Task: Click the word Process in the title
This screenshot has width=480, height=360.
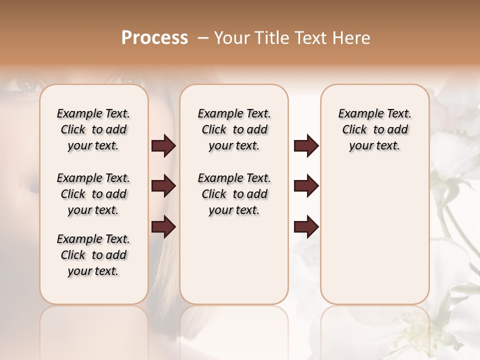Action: pyautogui.click(x=154, y=38)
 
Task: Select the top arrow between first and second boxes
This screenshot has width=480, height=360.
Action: pyautogui.click(x=163, y=146)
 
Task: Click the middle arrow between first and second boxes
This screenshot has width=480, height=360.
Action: pyautogui.click(x=163, y=186)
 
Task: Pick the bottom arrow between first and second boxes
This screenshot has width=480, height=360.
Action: pyautogui.click(x=163, y=226)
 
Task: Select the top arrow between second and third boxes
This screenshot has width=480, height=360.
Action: pyautogui.click(x=306, y=146)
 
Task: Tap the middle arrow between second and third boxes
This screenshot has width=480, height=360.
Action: pyautogui.click(x=306, y=186)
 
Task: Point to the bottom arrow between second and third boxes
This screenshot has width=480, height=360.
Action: pyautogui.click(x=306, y=226)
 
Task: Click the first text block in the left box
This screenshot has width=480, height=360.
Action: pyautogui.click(x=93, y=129)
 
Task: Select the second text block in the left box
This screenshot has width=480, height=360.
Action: pyautogui.click(x=93, y=194)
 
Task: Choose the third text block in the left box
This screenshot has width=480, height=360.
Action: pyautogui.click(x=93, y=255)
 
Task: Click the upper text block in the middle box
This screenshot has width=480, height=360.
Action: pyautogui.click(x=234, y=129)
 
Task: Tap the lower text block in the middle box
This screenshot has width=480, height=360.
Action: pyautogui.click(x=234, y=194)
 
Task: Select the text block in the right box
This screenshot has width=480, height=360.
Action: pyautogui.click(x=374, y=129)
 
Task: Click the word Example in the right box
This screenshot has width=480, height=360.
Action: pyautogui.click(x=357, y=114)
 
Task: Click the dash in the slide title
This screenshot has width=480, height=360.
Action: pyautogui.click(x=202, y=38)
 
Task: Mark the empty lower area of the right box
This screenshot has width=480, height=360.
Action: pyautogui.click(x=374, y=235)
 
